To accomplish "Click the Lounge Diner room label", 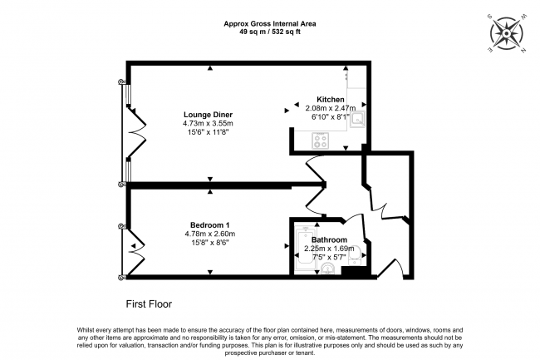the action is pos(208,115).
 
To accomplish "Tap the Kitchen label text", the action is pos(331,100).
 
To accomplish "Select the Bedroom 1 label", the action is pos(209,225).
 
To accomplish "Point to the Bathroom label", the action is pos(329,239).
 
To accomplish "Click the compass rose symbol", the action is pos(506,34).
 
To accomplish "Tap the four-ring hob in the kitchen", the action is pos(321,141).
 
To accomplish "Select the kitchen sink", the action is pos(357,120).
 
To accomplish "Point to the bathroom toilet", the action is pos(355,255).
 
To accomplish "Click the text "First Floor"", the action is pos(149,304).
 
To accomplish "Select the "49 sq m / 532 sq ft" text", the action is pos(270,32).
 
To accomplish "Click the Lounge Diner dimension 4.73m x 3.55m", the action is pos(208,123).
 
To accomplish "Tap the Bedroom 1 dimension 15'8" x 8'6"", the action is pos(210,243).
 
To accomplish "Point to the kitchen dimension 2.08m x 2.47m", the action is pos(331,108).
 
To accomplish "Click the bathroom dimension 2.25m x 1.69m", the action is pos(329,249).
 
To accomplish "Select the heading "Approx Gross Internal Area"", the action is pos(270,24).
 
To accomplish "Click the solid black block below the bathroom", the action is pos(356,270).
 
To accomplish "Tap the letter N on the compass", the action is pos(523,51).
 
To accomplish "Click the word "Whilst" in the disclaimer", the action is pos(86,330).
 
